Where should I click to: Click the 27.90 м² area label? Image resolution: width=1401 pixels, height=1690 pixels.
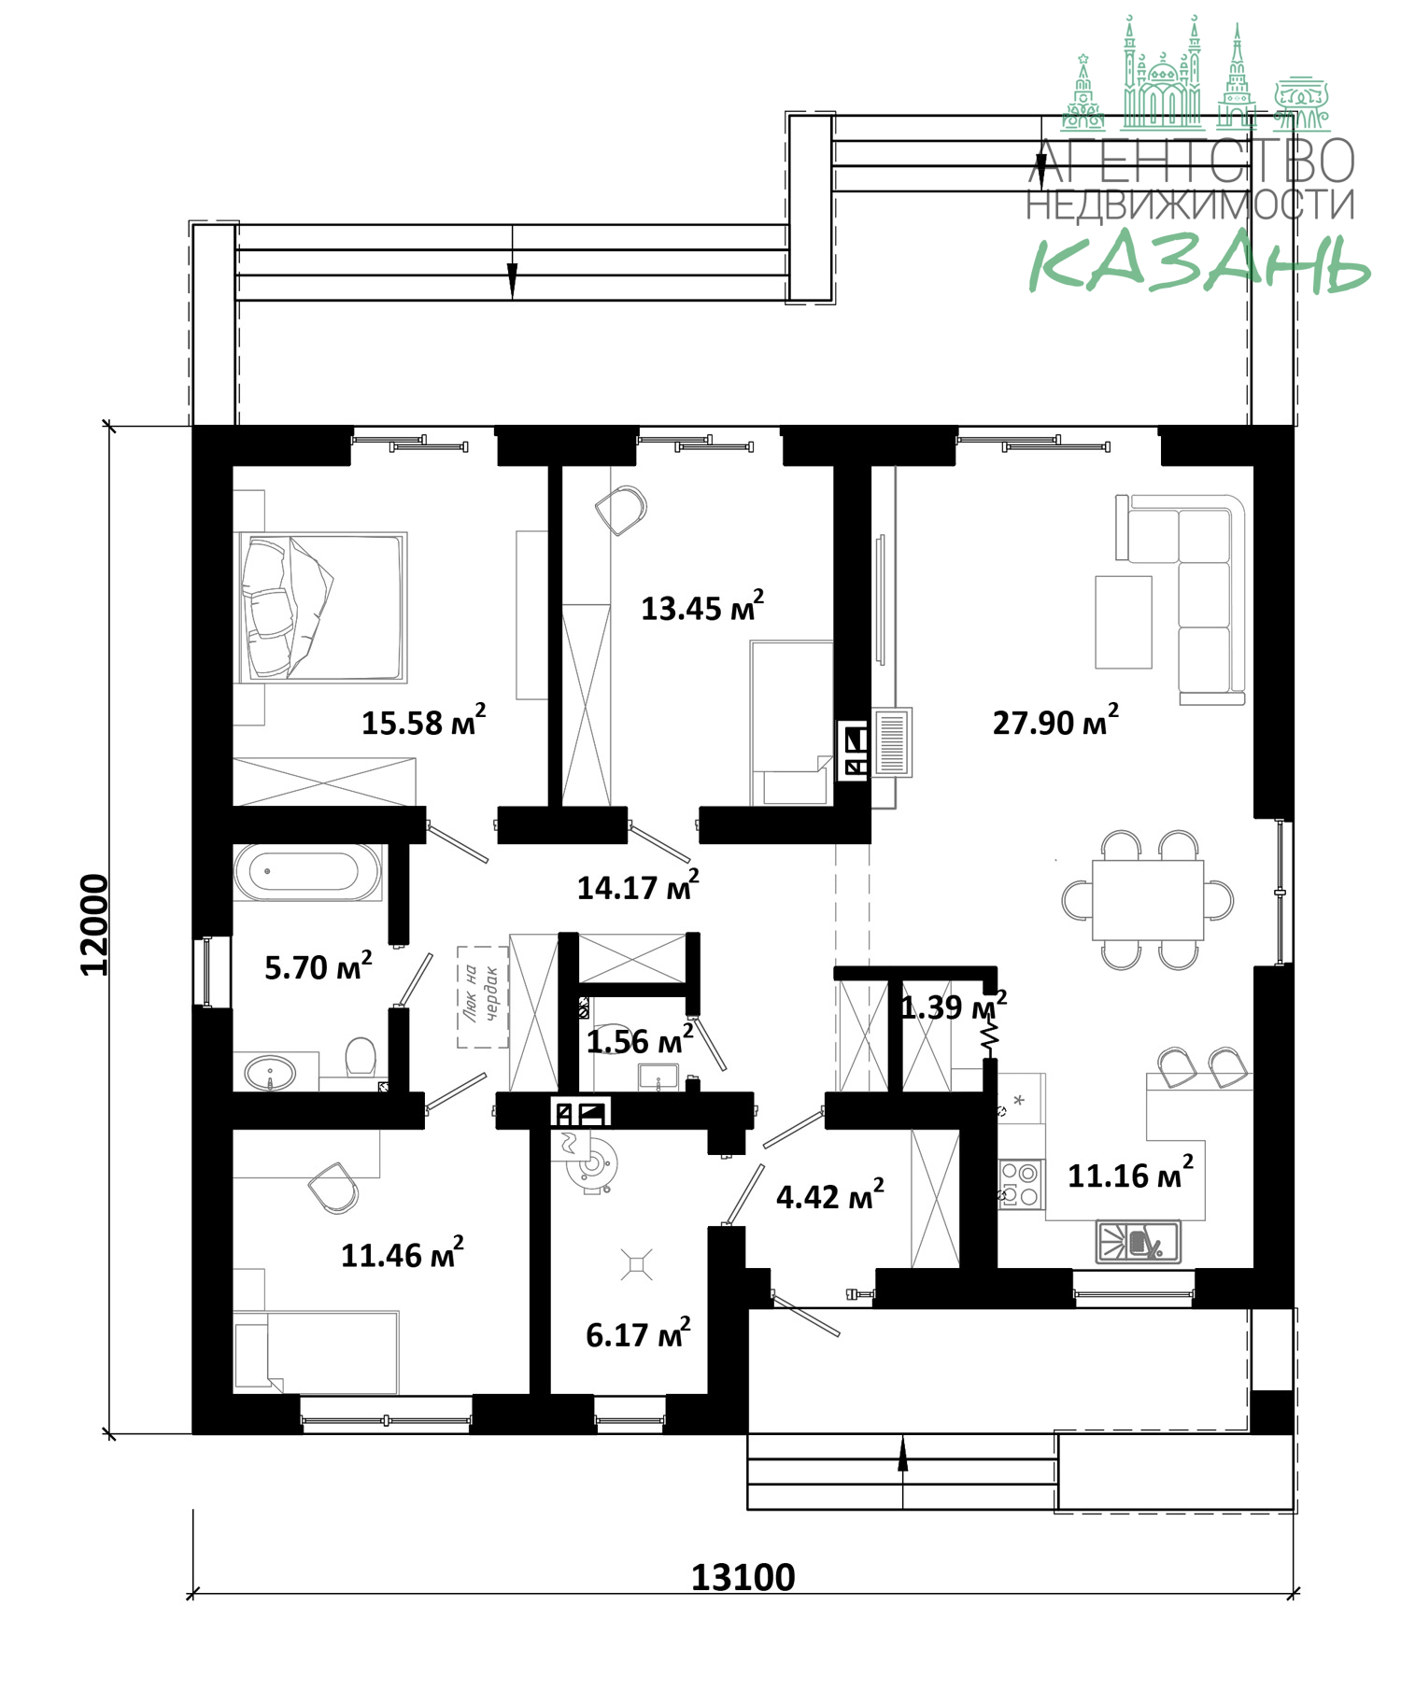point(1055,721)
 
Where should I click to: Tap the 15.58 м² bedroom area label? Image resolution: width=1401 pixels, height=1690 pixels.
point(424,721)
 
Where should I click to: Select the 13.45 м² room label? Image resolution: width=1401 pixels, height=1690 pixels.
point(702,607)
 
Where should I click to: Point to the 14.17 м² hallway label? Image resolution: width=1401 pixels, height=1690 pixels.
point(638,886)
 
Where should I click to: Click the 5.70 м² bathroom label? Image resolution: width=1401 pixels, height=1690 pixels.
point(318,966)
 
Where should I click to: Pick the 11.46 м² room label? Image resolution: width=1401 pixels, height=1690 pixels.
point(403,1254)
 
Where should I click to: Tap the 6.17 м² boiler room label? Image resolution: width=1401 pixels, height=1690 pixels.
point(638,1333)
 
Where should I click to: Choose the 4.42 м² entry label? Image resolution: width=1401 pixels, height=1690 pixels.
point(830,1195)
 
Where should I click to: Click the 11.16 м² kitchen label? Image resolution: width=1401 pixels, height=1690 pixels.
point(1130,1174)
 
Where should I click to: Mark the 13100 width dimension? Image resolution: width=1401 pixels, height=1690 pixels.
point(743,1577)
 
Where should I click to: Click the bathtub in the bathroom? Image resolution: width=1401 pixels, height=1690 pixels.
point(307,872)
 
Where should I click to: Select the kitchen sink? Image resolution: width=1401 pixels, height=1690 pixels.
point(1138,1242)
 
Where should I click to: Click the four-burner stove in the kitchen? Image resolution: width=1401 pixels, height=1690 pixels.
point(1021,1184)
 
